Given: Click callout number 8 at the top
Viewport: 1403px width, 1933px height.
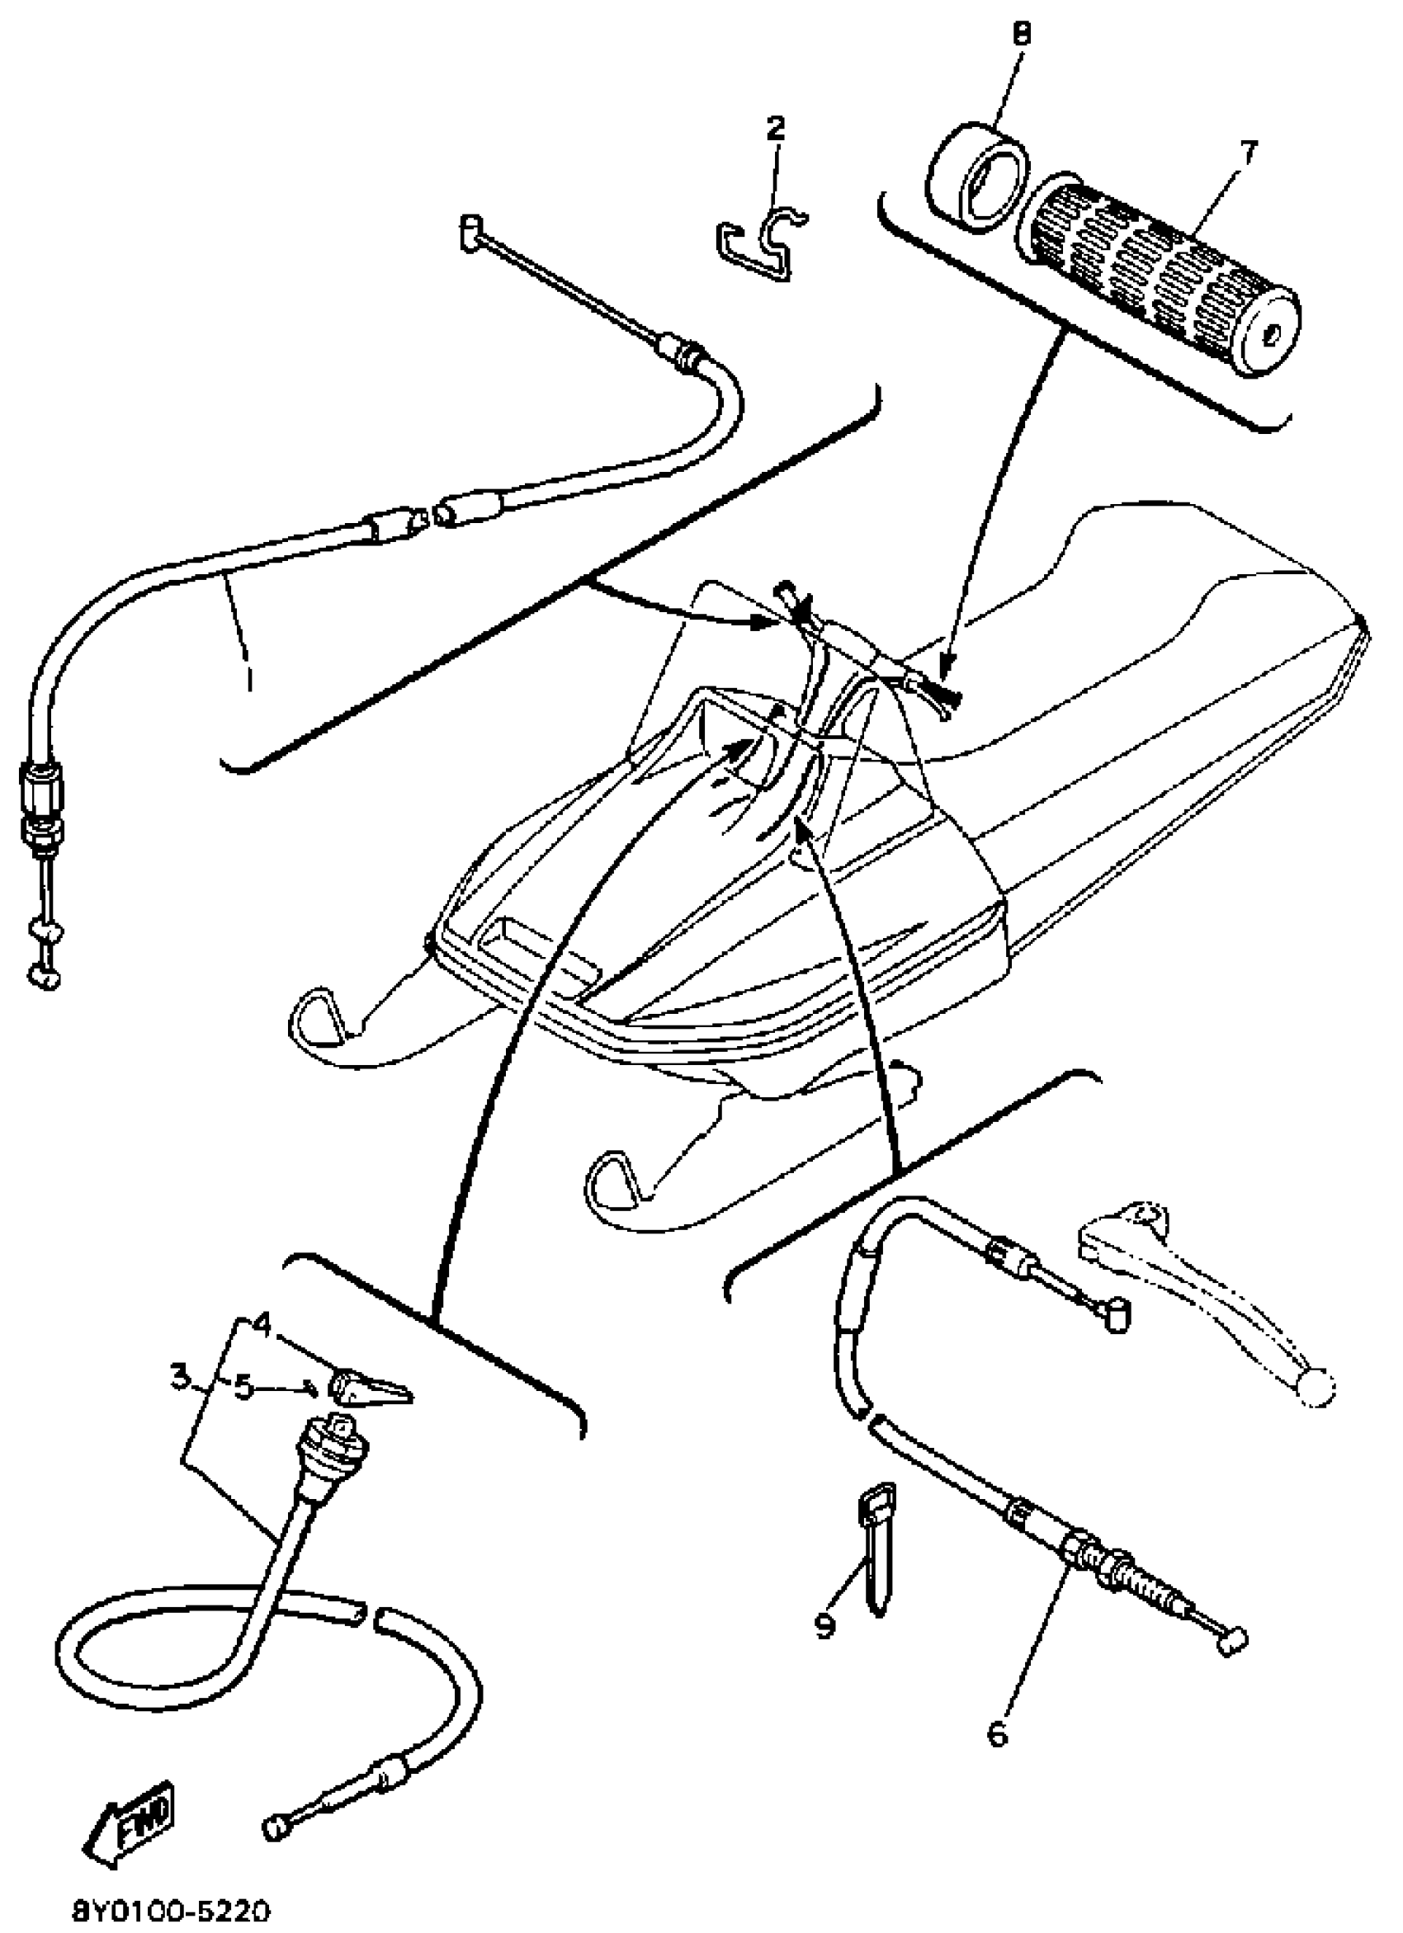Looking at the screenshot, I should point(1021,35).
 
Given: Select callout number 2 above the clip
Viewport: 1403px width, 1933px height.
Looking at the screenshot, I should point(775,130).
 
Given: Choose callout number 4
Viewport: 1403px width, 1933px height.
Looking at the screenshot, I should point(262,1326).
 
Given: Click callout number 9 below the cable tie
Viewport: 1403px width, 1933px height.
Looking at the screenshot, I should point(824,1626).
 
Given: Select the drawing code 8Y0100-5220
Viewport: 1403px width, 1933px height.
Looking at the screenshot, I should point(171,1913).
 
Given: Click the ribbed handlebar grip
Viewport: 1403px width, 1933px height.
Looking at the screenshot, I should point(1160,268).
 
